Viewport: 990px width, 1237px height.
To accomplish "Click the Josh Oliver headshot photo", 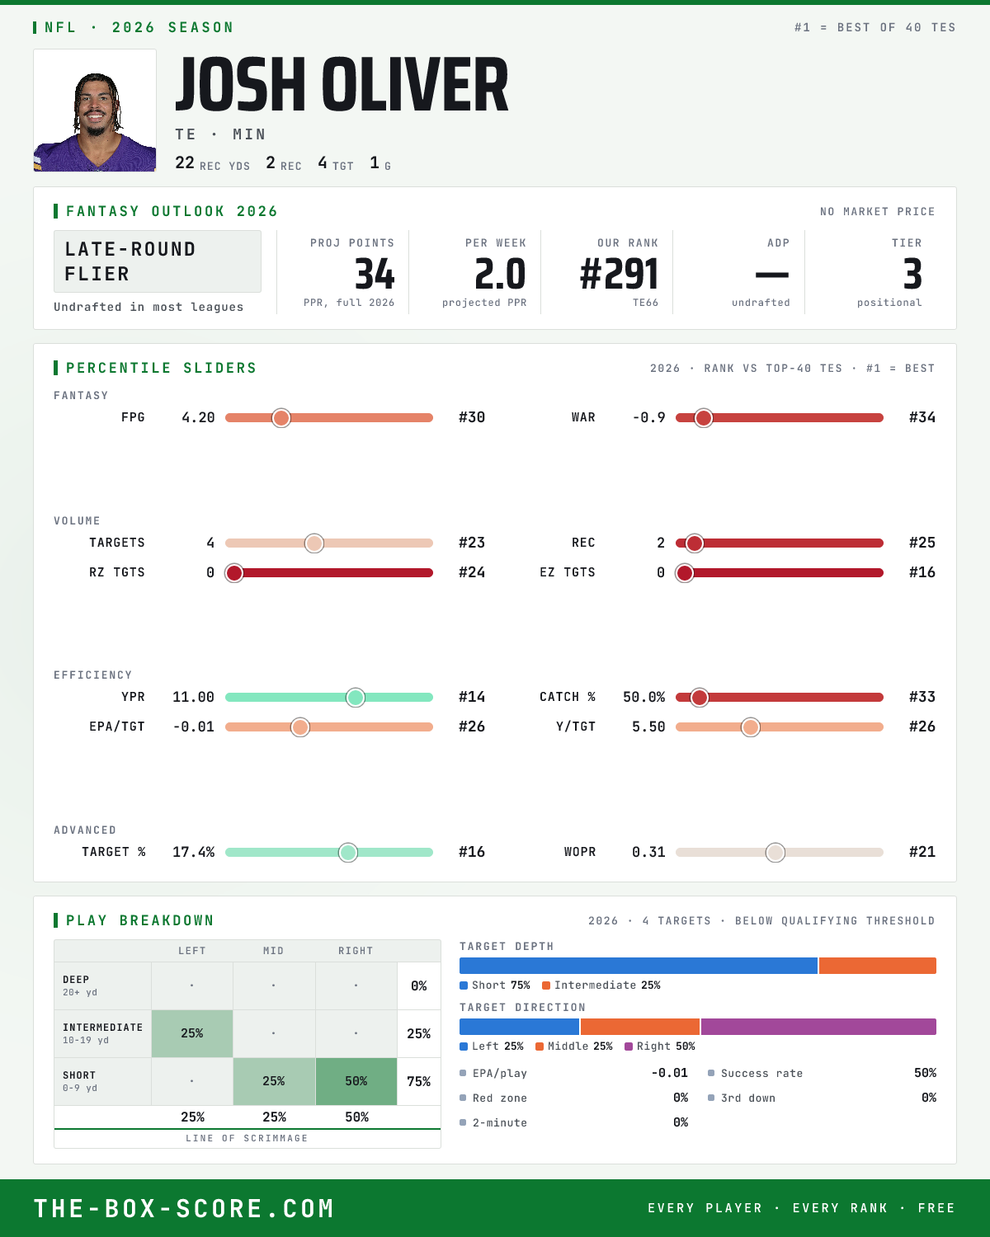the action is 95,111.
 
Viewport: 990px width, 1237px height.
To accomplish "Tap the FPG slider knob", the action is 280,418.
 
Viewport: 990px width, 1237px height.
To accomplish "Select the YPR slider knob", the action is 356,697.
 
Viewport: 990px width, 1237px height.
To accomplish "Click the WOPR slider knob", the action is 775,853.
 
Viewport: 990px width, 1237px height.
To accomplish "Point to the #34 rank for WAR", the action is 922,417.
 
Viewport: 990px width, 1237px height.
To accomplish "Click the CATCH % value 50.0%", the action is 643,697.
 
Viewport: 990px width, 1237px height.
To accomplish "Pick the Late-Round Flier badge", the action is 157,261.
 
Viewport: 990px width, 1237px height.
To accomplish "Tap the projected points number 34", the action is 375,274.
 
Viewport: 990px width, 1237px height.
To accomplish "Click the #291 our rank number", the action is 619,274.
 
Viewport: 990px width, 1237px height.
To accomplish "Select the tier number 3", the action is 912,274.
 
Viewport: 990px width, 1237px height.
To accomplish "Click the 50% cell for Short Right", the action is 356,1081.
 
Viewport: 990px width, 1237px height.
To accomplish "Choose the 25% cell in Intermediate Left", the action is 192,1033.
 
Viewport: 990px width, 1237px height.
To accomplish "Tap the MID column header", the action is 273,951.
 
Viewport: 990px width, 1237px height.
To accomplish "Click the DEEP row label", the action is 76,980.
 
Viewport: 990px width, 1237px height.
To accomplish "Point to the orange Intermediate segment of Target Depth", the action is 877,966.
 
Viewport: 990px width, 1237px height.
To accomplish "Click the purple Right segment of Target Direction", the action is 818,1027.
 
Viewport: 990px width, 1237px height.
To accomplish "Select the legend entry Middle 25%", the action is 574,1047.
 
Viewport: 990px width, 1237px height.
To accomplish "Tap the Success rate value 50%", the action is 925,1073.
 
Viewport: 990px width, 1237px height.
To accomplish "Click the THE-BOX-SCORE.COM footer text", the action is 184,1208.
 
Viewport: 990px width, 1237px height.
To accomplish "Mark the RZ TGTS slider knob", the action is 234,573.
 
